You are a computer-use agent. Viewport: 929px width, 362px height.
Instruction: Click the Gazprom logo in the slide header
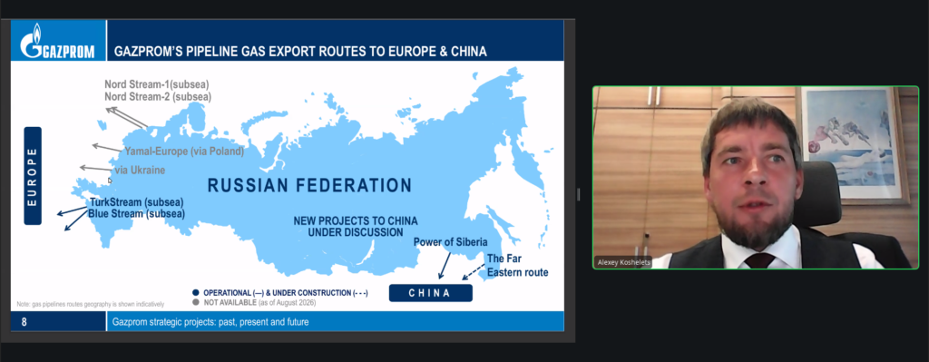pos(57,41)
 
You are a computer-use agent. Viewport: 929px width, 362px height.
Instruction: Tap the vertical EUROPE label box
pos(33,176)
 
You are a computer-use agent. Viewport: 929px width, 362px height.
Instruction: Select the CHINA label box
pos(430,293)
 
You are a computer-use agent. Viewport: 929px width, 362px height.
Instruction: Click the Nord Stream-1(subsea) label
pos(157,84)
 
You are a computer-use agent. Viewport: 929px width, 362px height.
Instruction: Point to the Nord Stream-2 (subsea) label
pos(158,96)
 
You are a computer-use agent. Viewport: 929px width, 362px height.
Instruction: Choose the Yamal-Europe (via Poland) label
pos(184,152)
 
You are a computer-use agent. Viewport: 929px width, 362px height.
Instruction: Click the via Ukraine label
pos(140,170)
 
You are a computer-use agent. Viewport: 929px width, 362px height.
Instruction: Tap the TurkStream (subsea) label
pos(137,201)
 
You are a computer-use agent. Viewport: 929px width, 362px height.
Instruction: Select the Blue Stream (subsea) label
pos(136,213)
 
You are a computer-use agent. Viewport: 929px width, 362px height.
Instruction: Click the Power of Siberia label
pos(450,241)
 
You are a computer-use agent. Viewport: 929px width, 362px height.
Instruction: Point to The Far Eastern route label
pos(517,266)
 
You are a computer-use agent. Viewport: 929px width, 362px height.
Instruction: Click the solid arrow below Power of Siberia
pos(445,265)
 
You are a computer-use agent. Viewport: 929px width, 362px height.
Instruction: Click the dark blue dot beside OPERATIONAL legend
pos(196,293)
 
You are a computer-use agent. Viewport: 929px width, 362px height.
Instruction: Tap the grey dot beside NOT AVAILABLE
pos(196,302)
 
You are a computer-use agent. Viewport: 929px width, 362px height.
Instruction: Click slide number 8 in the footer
pos(24,322)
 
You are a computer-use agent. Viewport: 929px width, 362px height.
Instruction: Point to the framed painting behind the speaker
pos(851,145)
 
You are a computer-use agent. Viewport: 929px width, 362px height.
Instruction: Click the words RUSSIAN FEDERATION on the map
pos(309,185)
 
